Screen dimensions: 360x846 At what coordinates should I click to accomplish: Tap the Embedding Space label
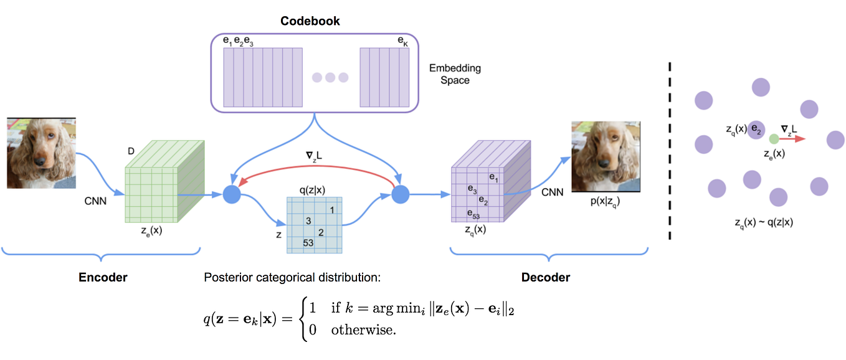(x=455, y=74)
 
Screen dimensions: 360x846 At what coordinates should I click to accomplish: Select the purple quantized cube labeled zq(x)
(x=489, y=187)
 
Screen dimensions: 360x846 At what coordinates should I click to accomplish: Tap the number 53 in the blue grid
(x=308, y=242)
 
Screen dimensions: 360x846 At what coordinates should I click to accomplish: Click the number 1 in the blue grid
(x=333, y=210)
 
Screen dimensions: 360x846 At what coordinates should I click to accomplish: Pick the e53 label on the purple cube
(x=474, y=214)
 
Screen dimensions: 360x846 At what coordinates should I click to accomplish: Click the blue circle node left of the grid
(x=232, y=194)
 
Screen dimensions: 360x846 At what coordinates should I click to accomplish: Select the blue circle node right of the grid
(x=399, y=194)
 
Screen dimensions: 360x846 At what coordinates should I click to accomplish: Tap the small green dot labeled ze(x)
(x=773, y=139)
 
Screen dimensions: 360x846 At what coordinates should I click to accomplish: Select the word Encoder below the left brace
(x=103, y=277)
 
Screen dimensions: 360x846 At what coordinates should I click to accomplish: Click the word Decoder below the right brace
(x=546, y=277)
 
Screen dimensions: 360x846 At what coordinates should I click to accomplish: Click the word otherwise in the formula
(x=363, y=330)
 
